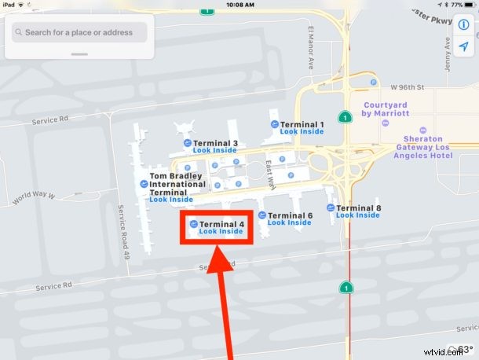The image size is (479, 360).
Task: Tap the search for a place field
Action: [79, 33]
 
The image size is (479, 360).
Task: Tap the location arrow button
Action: [464, 47]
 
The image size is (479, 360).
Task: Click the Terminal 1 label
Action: [302, 124]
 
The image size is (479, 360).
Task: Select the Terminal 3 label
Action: [215, 143]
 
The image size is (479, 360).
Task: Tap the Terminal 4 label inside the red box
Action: [221, 224]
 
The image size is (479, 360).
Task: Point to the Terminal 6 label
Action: [291, 215]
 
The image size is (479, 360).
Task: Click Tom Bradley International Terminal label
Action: [177, 184]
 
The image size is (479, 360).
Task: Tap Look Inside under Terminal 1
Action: [302, 132]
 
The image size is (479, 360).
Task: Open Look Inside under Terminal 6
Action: [289, 223]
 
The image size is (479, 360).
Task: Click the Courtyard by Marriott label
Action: [386, 109]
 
